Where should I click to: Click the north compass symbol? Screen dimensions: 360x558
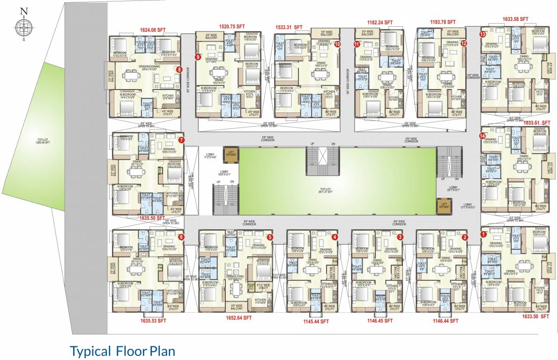tap(22, 26)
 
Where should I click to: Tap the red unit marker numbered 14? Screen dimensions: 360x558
tap(482, 136)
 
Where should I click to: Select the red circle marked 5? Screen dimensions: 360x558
tap(270, 237)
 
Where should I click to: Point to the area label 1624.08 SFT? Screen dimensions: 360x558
tap(153, 30)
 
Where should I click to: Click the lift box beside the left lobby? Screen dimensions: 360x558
tap(231, 154)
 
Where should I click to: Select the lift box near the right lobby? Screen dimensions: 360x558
tap(444, 204)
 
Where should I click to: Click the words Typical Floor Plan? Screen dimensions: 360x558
tap(122, 351)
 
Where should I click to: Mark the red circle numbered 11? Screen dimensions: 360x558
tap(357, 44)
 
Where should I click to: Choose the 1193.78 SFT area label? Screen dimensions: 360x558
tap(443, 22)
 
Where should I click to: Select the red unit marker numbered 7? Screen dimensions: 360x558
tap(181, 140)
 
